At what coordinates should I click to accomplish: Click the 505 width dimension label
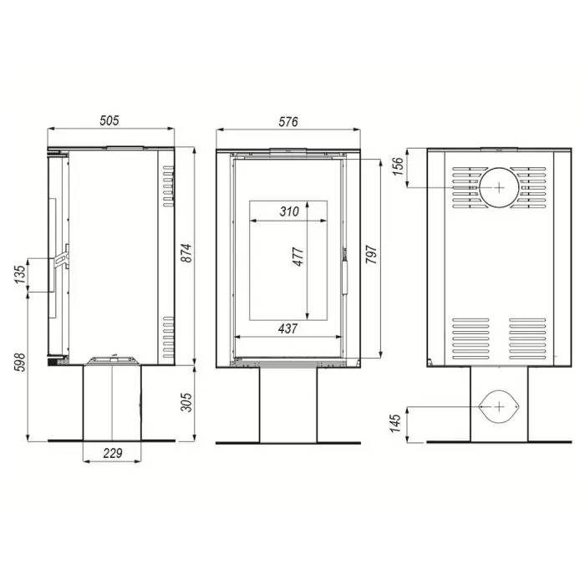coord(109,120)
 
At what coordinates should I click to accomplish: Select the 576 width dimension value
coord(288,122)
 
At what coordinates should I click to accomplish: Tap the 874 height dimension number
coord(186,253)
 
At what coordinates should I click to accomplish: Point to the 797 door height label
coord(371,254)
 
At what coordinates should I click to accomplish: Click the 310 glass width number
coord(289,211)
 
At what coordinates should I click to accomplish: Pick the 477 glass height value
coord(298,257)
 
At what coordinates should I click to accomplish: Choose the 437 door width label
coord(288,328)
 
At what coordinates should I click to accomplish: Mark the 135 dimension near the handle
coord(21,274)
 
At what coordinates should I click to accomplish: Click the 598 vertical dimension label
coord(19,362)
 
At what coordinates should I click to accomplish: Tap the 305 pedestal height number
coord(186,402)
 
